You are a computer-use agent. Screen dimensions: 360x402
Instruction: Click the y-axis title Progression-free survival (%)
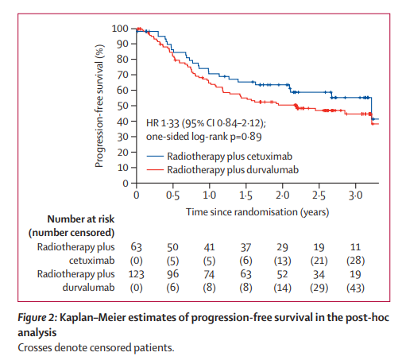pyautogui.click(x=101, y=105)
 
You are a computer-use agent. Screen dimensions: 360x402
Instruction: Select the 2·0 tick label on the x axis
pyautogui.click(x=282, y=195)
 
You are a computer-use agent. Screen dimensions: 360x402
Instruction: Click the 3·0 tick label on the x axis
pyautogui.click(x=355, y=195)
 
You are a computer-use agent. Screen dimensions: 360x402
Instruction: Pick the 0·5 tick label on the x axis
pyautogui.click(x=172, y=195)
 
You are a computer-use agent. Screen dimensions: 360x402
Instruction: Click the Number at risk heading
pyautogui.click(x=71, y=219)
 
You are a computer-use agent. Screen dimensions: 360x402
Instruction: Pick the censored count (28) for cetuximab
pyautogui.click(x=355, y=261)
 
